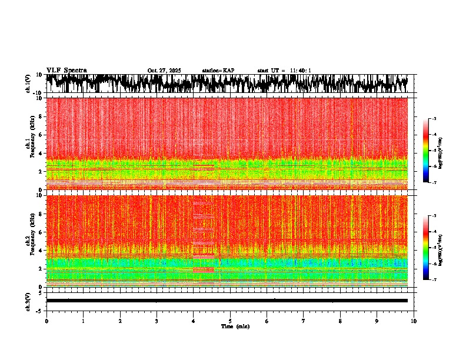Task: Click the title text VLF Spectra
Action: click(x=66, y=71)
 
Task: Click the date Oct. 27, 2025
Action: click(x=164, y=71)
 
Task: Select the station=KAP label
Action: click(x=218, y=71)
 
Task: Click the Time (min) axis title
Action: click(x=235, y=326)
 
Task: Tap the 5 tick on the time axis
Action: click(x=230, y=321)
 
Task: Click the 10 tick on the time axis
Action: click(x=414, y=321)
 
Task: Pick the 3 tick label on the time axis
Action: click(x=157, y=321)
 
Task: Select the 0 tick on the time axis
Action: click(x=46, y=321)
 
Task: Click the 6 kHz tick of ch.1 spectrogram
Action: click(x=41, y=135)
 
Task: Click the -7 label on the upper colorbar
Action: click(x=434, y=182)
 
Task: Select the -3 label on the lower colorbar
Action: click(x=434, y=216)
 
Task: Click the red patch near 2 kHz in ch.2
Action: click(x=204, y=269)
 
